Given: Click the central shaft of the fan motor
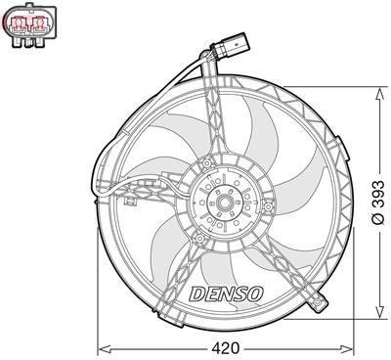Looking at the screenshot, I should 225,204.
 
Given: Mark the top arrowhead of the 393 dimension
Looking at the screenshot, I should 375,91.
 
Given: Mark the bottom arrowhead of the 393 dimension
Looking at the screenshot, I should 375,318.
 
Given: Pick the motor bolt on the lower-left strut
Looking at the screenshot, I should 197,238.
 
